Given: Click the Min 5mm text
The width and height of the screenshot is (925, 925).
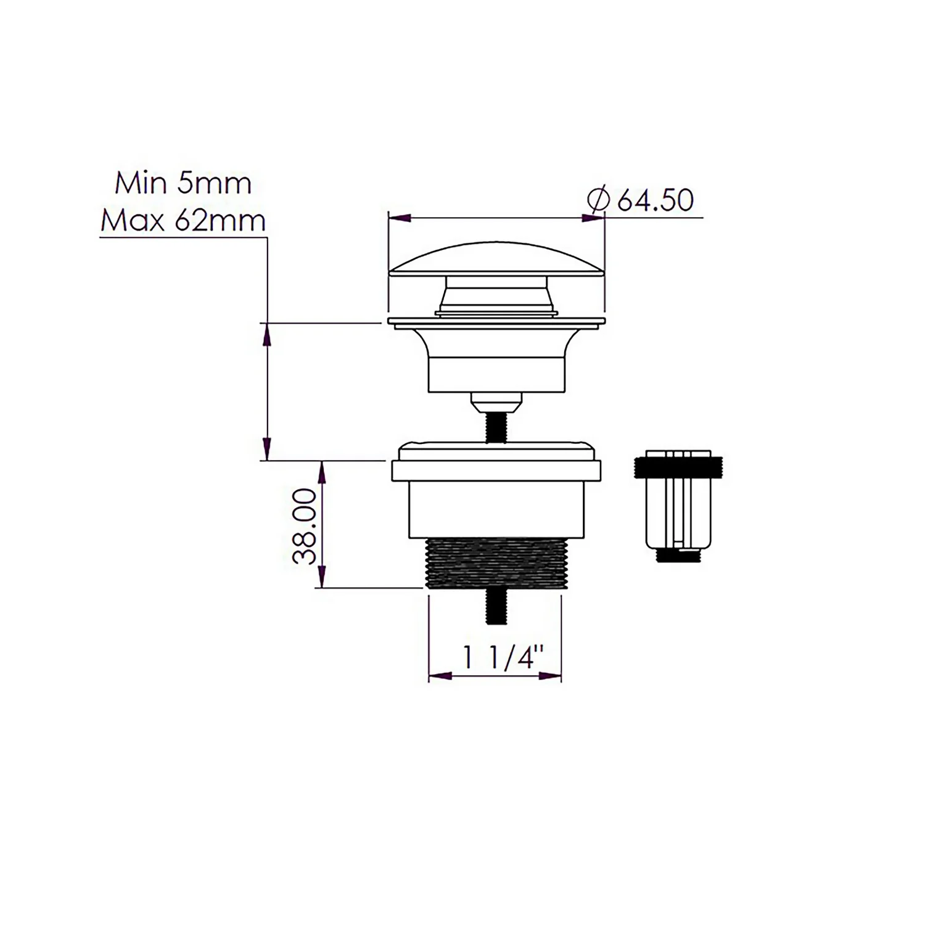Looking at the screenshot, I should click(183, 184).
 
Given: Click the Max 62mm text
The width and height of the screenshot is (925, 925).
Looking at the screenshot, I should click(183, 221).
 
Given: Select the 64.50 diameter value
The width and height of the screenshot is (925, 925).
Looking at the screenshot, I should click(655, 200).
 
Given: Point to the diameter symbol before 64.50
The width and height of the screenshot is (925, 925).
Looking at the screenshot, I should click(599, 200).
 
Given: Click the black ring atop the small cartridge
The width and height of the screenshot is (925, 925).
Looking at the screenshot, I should click(678, 467).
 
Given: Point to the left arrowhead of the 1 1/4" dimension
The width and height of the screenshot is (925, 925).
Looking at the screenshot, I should click(438, 676).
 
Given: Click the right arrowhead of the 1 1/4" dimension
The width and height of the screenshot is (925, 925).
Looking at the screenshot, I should click(552, 676).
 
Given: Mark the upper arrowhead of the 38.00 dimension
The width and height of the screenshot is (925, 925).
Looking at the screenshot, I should click(321, 471).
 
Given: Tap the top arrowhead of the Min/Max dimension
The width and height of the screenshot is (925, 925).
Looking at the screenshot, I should click(267, 334).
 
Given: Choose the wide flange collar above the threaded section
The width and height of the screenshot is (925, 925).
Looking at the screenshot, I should click(496, 471).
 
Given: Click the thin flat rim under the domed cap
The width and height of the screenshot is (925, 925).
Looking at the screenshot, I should click(496, 321).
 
